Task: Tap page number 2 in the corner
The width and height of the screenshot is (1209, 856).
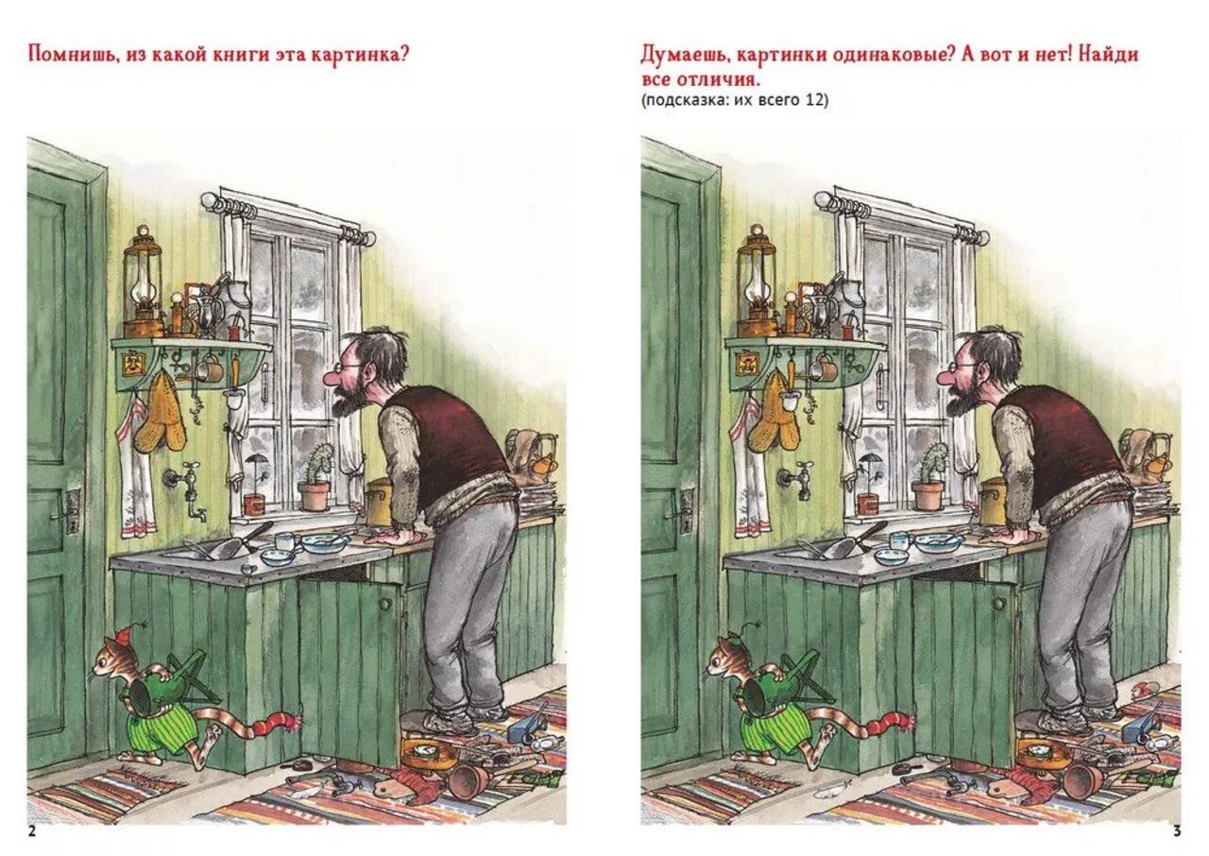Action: point(32,831)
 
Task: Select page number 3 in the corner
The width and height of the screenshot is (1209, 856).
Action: point(1177,831)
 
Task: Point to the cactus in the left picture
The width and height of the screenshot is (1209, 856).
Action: point(318,463)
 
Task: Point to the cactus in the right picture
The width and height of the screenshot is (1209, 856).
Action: point(932,463)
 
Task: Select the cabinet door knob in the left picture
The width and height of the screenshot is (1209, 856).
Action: point(384,605)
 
